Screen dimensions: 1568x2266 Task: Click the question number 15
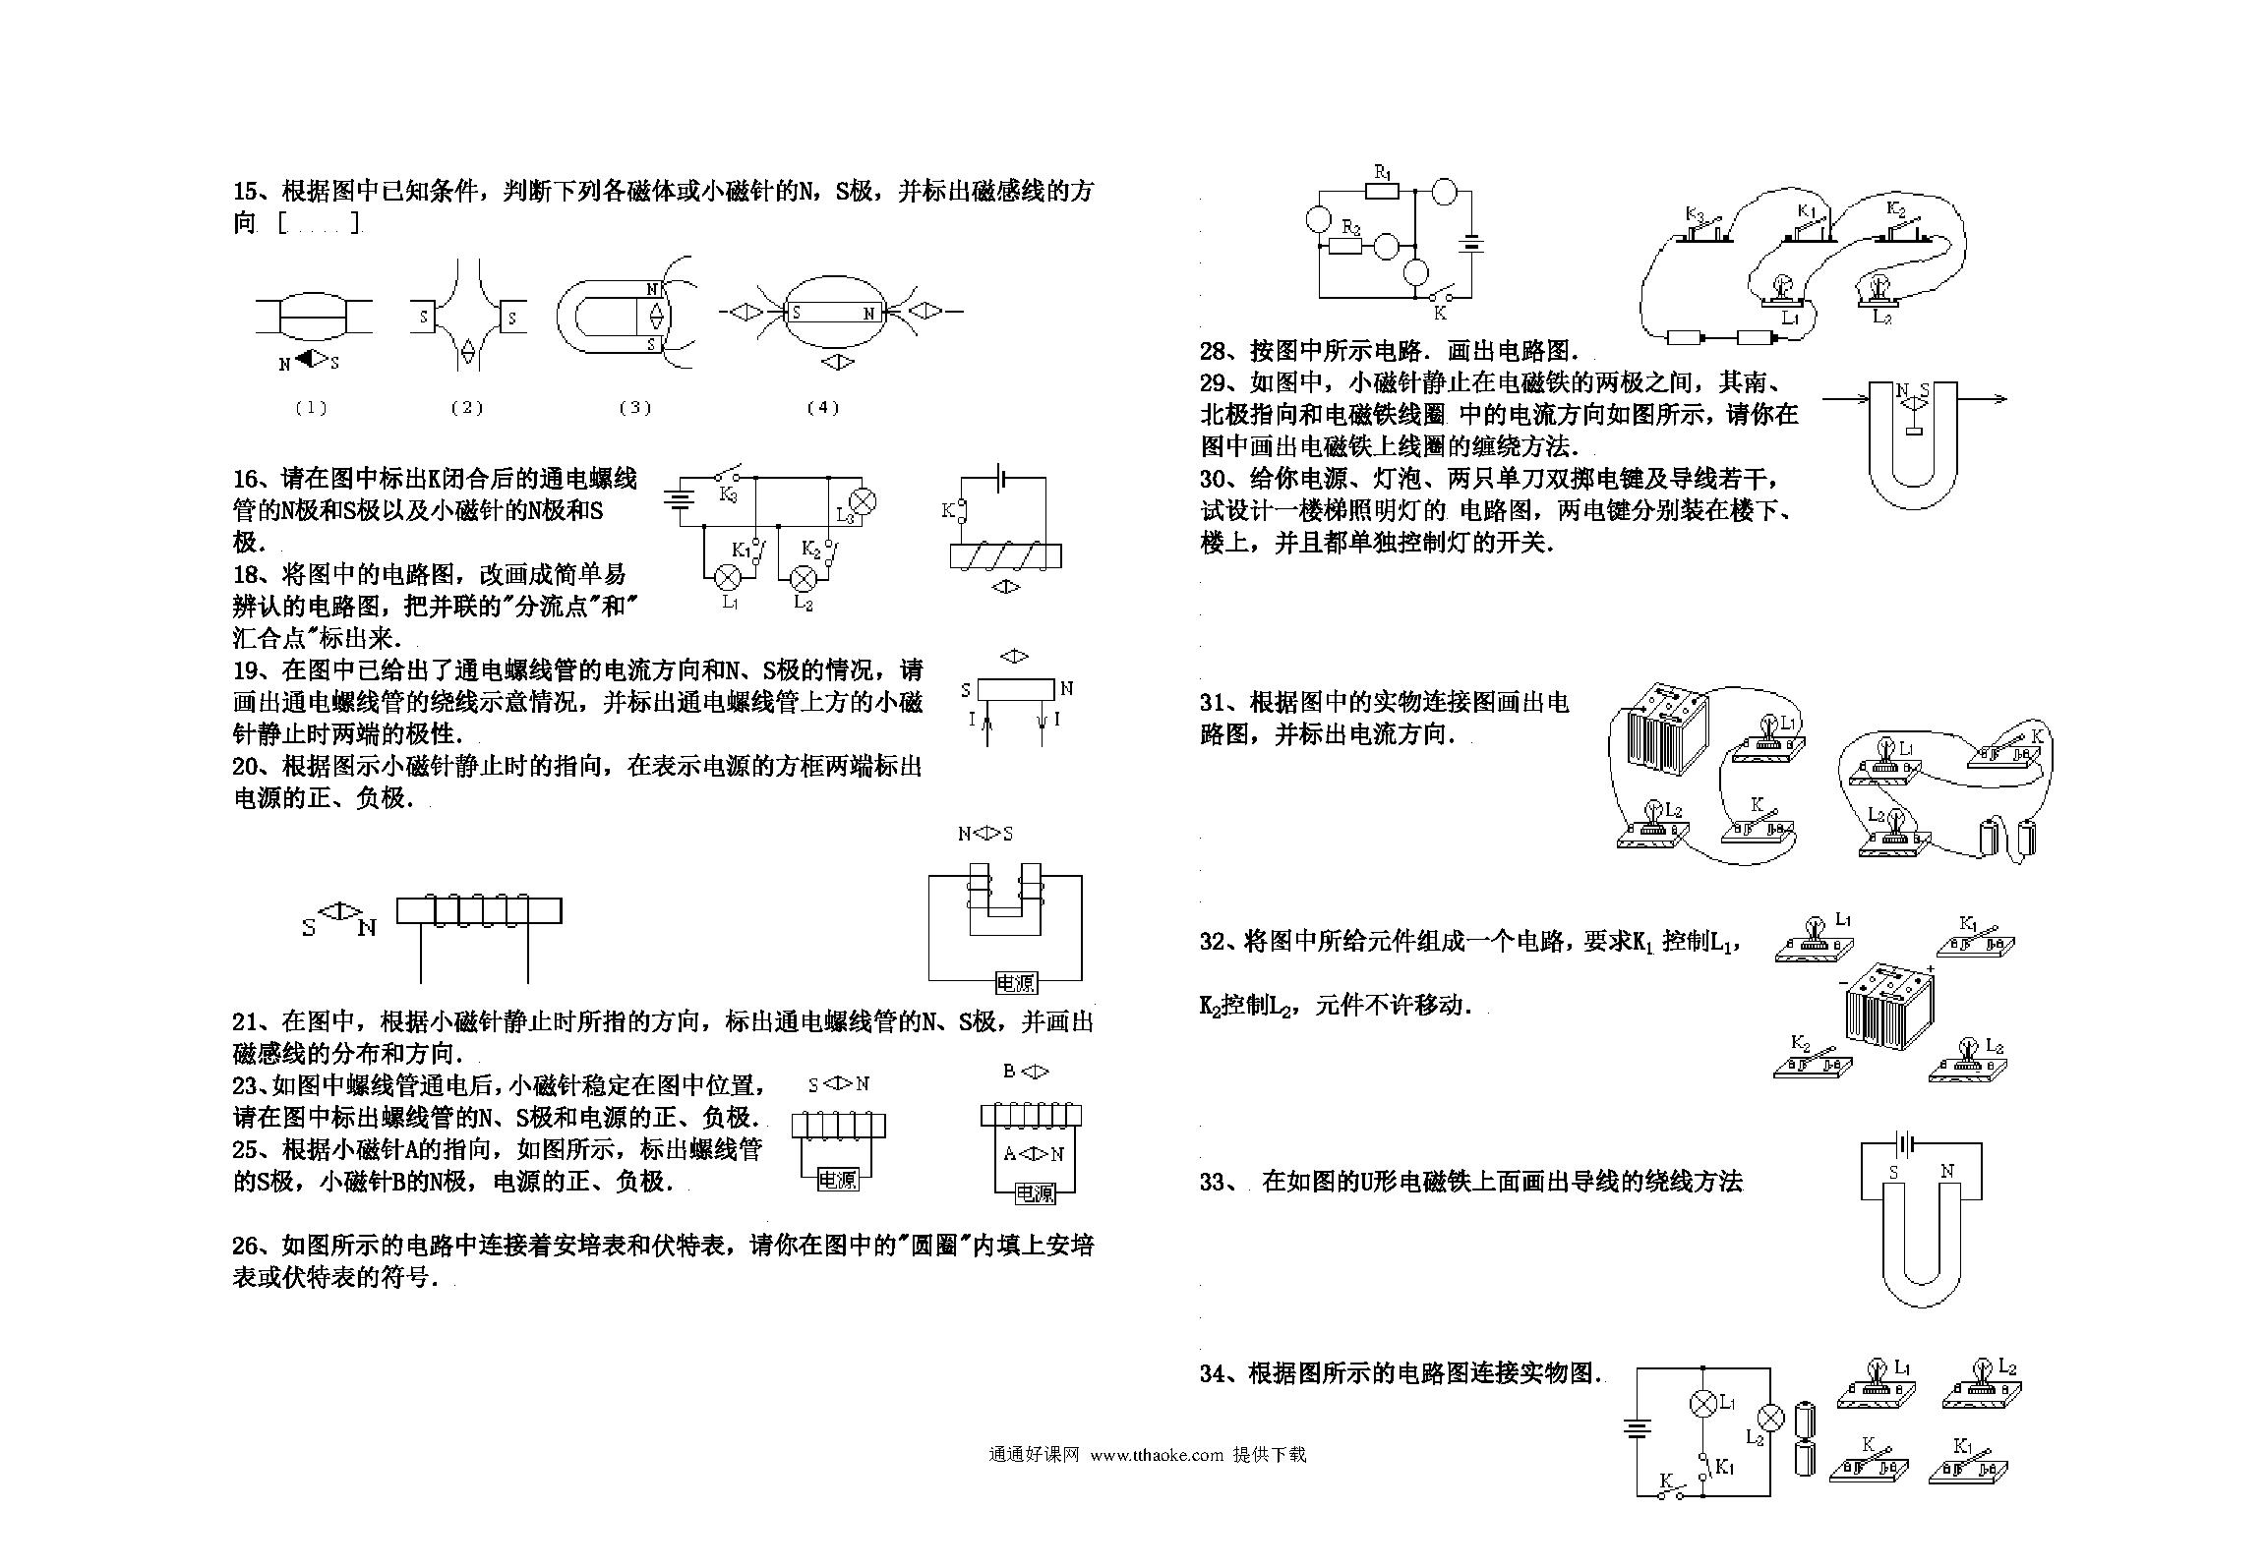click(x=246, y=191)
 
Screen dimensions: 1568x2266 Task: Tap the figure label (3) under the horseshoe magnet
click(x=635, y=408)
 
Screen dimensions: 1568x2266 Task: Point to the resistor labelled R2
click(x=1345, y=246)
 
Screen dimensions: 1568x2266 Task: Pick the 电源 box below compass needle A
click(x=1035, y=1193)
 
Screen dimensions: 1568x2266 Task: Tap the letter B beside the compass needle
click(x=1009, y=1072)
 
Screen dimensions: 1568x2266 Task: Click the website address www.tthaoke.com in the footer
click(x=1157, y=1455)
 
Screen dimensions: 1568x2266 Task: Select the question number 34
click(x=1215, y=1373)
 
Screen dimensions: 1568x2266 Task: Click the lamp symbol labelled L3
click(x=863, y=501)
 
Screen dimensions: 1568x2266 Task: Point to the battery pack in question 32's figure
click(x=1888, y=1006)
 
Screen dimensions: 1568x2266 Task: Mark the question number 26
click(x=247, y=1247)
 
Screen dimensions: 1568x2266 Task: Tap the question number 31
click(x=1215, y=703)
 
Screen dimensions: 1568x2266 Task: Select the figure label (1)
click(x=311, y=408)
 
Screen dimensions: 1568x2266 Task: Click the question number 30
click(x=1215, y=480)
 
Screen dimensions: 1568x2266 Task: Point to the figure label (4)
click(x=822, y=408)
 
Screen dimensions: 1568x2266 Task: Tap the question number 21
click(x=247, y=1022)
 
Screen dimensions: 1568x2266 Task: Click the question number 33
click(x=1215, y=1182)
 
